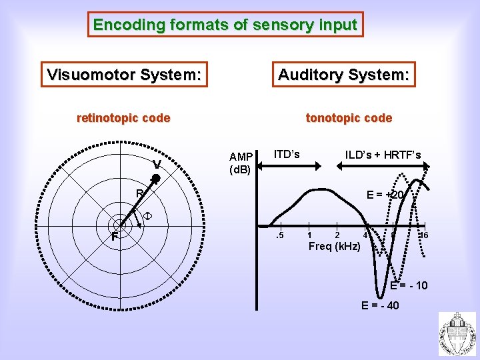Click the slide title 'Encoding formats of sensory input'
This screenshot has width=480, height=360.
[225, 25]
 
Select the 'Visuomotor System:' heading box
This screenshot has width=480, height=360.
[124, 75]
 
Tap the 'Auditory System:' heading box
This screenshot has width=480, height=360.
[343, 75]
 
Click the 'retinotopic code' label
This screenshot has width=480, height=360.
[123, 119]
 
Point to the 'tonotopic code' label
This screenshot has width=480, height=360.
[349, 119]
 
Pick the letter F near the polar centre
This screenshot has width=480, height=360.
[115, 237]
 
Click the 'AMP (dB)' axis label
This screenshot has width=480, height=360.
[240, 163]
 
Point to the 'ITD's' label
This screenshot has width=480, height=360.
[287, 155]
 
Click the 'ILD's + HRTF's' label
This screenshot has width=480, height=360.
[383, 155]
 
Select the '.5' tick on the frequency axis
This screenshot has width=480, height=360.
[281, 235]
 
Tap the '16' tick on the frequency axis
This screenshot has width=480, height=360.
[423, 235]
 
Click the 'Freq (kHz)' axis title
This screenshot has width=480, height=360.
[334, 247]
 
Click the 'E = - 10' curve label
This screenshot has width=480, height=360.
[409, 286]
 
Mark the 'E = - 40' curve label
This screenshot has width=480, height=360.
[380, 306]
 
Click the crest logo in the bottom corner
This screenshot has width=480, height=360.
[457, 335]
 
